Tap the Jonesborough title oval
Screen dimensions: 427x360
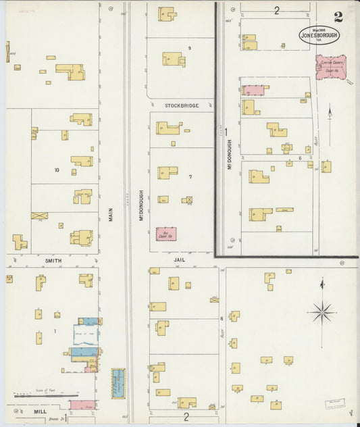pos(319,34)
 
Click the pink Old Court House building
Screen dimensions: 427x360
pos(166,234)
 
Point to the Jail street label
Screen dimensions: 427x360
pos(178,259)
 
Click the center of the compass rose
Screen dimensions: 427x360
pos(322,312)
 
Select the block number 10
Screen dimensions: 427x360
pos(57,170)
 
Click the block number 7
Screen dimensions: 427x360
pos(190,177)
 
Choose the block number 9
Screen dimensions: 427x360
pos(190,48)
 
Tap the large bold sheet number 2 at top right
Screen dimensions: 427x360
pos(338,17)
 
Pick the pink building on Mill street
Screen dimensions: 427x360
pos(82,405)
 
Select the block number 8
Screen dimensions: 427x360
pos(221,317)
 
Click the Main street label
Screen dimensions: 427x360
pos(110,214)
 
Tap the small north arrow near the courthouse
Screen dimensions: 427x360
pos(329,112)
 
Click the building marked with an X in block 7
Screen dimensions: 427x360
pos(187,200)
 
